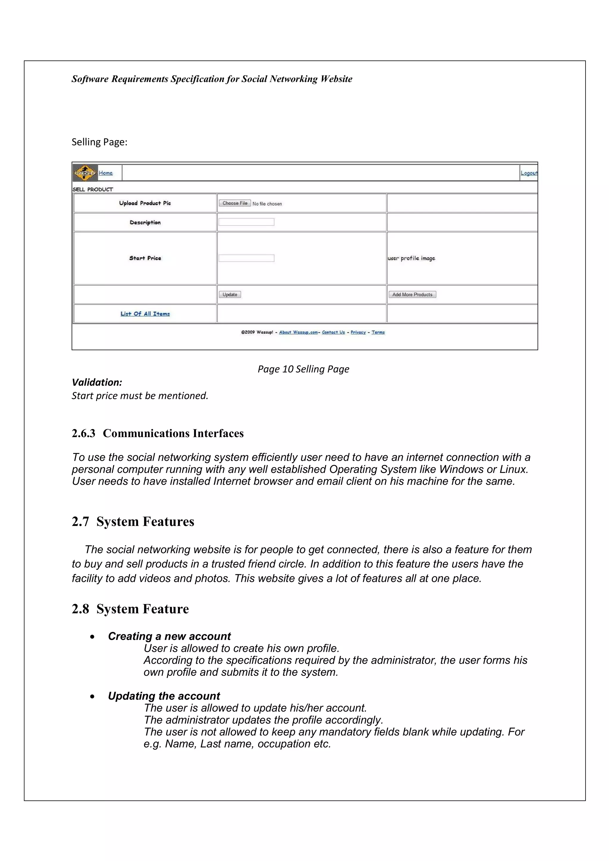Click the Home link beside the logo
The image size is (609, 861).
[x=106, y=173]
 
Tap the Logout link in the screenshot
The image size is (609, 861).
[x=529, y=173]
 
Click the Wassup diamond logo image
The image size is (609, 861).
[x=85, y=173]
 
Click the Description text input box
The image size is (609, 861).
[x=246, y=222]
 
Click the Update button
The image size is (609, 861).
[x=230, y=294]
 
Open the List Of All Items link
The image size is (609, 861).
[x=145, y=314]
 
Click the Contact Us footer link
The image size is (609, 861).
[x=333, y=332]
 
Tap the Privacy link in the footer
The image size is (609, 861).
[x=358, y=332]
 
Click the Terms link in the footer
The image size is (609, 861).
[x=378, y=332]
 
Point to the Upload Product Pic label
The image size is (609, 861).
[x=145, y=203]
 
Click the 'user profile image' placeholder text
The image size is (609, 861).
[x=411, y=258]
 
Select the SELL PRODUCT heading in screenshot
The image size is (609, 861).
[x=93, y=189]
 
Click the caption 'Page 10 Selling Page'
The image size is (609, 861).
[x=303, y=369]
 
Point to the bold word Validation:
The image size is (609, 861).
[x=97, y=382]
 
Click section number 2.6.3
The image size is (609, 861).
[x=83, y=433]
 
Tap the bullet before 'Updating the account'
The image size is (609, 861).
[x=92, y=696]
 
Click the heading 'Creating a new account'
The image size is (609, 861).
[x=169, y=636]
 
